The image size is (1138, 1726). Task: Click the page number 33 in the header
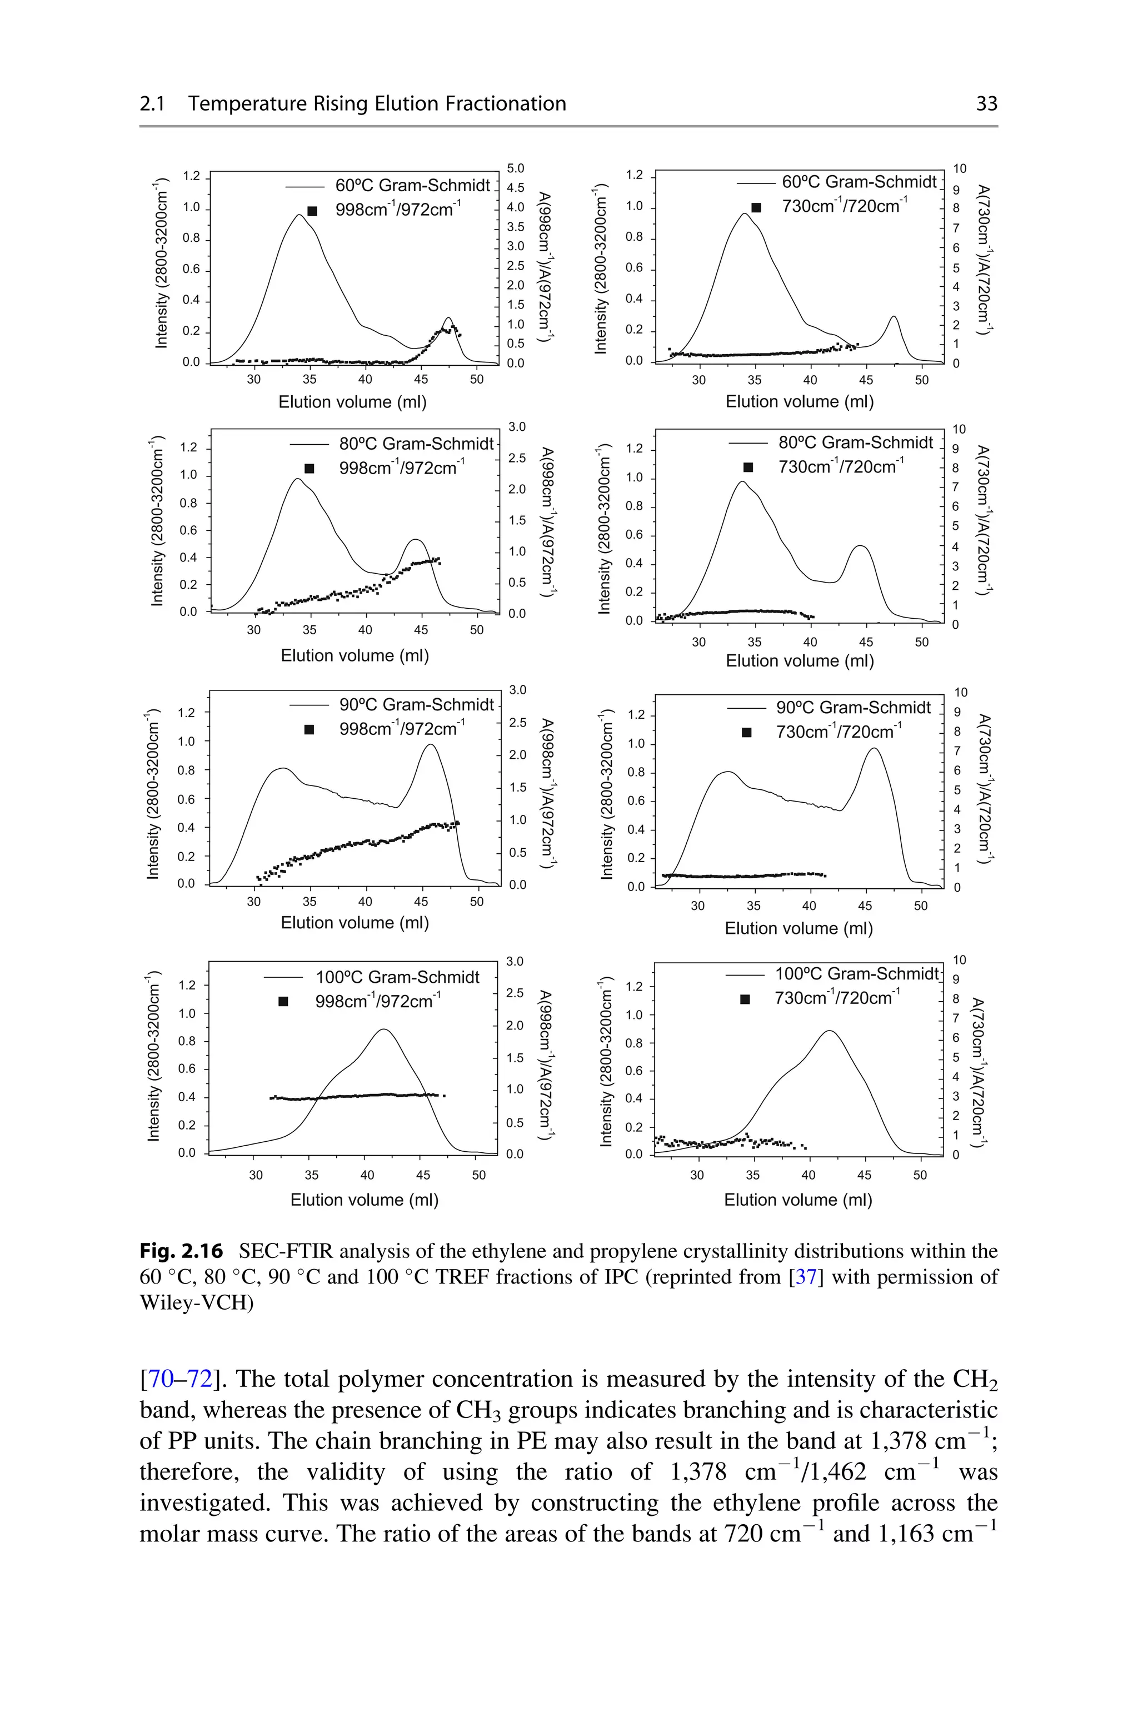point(986,104)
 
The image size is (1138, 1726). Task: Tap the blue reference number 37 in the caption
point(806,1277)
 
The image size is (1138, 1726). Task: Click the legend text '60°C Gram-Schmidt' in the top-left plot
point(412,186)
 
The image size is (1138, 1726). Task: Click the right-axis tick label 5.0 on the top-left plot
point(515,168)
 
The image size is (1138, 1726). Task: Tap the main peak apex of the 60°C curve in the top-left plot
point(300,215)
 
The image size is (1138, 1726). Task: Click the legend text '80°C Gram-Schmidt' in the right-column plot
point(856,442)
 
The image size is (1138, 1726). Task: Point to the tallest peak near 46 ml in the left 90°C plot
point(431,745)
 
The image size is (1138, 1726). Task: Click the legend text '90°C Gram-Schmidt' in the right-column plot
point(853,708)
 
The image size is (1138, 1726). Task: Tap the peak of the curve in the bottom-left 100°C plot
point(383,1029)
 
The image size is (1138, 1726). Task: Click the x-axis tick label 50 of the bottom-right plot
point(920,1175)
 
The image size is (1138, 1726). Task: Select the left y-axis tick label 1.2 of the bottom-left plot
point(187,985)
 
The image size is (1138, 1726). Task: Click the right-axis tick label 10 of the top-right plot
point(960,168)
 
